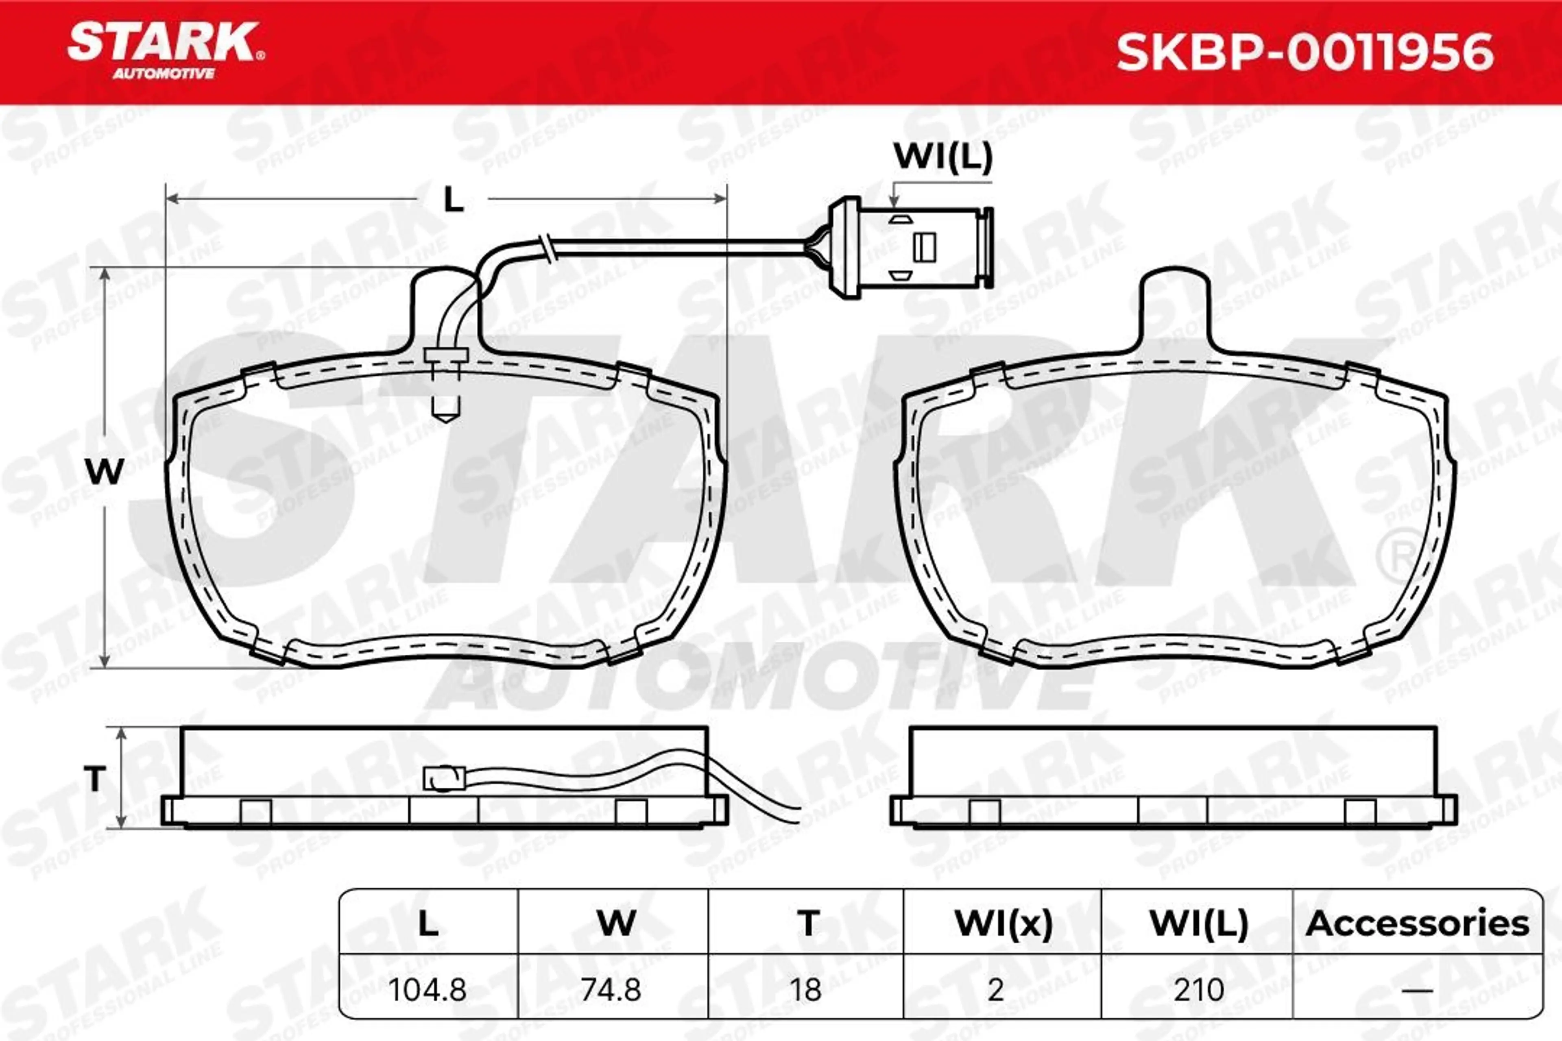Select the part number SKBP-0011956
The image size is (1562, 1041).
click(x=1305, y=52)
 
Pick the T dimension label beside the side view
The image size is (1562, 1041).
click(x=95, y=778)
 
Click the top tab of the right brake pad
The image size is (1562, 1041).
click(x=1175, y=309)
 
